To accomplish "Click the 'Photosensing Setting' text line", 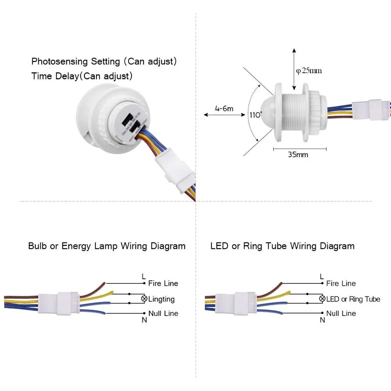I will [x=104, y=61].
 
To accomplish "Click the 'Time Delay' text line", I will [x=82, y=76].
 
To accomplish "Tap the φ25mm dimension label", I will [x=309, y=71].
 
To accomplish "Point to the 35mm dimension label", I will [x=298, y=154].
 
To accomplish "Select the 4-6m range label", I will [x=224, y=108].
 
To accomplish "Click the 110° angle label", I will [x=256, y=115].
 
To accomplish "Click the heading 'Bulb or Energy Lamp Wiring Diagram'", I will [x=107, y=246].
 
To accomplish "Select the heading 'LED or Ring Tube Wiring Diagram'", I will [x=282, y=246].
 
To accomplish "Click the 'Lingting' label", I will [x=161, y=299].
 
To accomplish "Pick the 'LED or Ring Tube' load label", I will [x=353, y=299].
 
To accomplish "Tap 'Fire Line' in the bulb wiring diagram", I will [x=163, y=283].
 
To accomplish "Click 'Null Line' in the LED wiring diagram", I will [x=341, y=313].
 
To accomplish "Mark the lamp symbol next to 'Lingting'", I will [x=144, y=299].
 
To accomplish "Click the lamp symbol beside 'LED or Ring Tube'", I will [x=322, y=299].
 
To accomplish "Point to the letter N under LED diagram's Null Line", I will [x=322, y=320].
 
